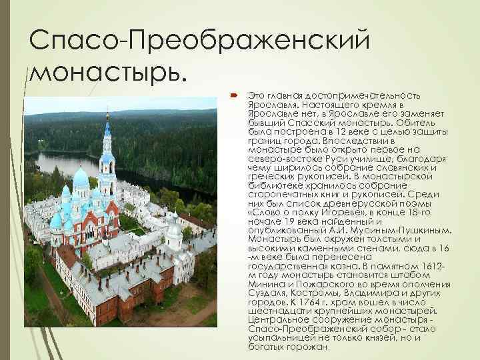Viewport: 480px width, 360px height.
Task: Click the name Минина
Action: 265,282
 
